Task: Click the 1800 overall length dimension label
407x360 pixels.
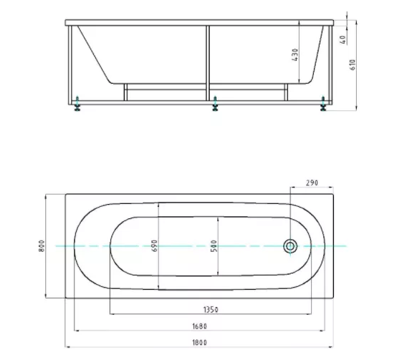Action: click(x=199, y=343)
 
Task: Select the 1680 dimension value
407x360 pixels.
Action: click(x=199, y=326)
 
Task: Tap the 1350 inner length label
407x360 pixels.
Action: click(x=211, y=309)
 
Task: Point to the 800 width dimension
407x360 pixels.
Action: click(x=42, y=246)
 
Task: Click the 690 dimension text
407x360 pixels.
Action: click(x=154, y=245)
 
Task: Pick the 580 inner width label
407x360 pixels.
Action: click(x=214, y=246)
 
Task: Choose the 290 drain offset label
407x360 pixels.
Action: click(x=312, y=183)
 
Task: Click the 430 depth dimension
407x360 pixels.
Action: click(x=295, y=54)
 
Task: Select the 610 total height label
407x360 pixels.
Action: click(x=353, y=65)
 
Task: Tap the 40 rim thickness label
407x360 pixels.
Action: click(x=343, y=40)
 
